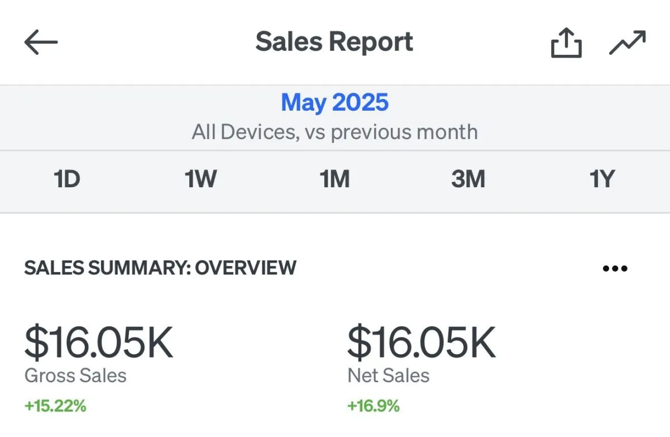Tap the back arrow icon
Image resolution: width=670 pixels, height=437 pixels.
coord(41,42)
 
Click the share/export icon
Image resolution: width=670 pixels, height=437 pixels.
coord(566,42)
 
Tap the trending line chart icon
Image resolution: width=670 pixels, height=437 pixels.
coord(628,42)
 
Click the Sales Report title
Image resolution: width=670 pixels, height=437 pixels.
coord(334,42)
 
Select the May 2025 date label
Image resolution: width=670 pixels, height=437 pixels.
coord(334,102)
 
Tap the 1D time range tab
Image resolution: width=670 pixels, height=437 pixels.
coord(66,179)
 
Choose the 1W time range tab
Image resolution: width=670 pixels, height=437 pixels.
coord(200,179)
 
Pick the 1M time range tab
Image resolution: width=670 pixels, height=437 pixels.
coord(334,179)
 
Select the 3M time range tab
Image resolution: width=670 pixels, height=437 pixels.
coord(468,179)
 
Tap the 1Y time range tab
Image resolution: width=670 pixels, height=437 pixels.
coord(602,179)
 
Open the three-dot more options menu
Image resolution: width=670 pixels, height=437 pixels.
coord(615,268)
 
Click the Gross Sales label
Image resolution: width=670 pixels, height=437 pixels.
coord(75,376)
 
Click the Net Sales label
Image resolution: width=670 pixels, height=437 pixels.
coord(388,376)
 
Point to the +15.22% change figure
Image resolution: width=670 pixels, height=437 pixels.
coord(55,406)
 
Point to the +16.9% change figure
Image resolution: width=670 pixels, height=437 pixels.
coord(374,406)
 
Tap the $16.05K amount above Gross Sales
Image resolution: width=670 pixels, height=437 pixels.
coord(99,342)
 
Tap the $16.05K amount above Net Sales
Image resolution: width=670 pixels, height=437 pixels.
coord(422,342)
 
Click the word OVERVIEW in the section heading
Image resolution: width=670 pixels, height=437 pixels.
coord(246,268)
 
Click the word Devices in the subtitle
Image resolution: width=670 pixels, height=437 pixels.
coord(260,132)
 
